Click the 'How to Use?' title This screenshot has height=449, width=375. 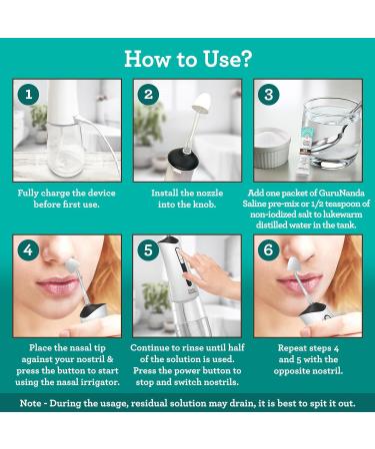coord(187,57)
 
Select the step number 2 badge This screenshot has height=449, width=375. coord(150,95)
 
